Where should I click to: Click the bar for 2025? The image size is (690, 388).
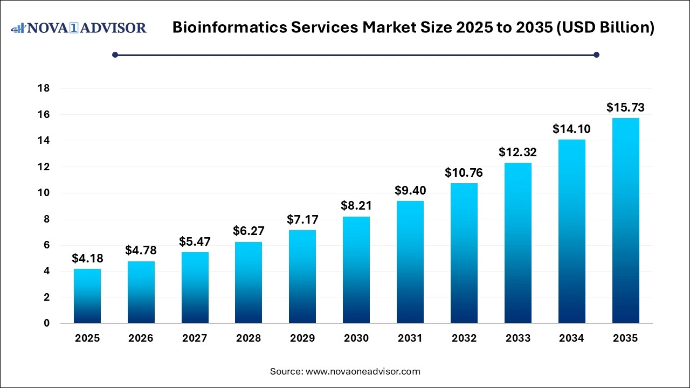pos(87,296)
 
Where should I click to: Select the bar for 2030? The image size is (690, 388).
pos(356,269)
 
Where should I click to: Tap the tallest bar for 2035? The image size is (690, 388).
pos(625,220)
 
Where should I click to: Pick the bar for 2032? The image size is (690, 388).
pos(464,253)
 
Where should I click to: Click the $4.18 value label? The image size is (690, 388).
pos(87,259)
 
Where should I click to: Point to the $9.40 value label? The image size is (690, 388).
pos(410,191)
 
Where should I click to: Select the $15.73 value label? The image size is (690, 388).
pos(625,108)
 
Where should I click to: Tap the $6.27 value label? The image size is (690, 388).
pos(249,231)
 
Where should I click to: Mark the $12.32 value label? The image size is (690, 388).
pos(517,153)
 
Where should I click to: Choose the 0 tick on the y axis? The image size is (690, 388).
pos(46,323)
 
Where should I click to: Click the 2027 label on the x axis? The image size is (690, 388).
pos(195,338)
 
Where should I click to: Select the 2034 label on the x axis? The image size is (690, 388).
pos(571,338)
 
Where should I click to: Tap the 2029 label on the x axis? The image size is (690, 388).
pos(302,338)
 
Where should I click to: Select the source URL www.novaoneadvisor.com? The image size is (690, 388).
pos(362,371)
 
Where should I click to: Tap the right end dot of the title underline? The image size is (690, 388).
pos(596,54)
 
